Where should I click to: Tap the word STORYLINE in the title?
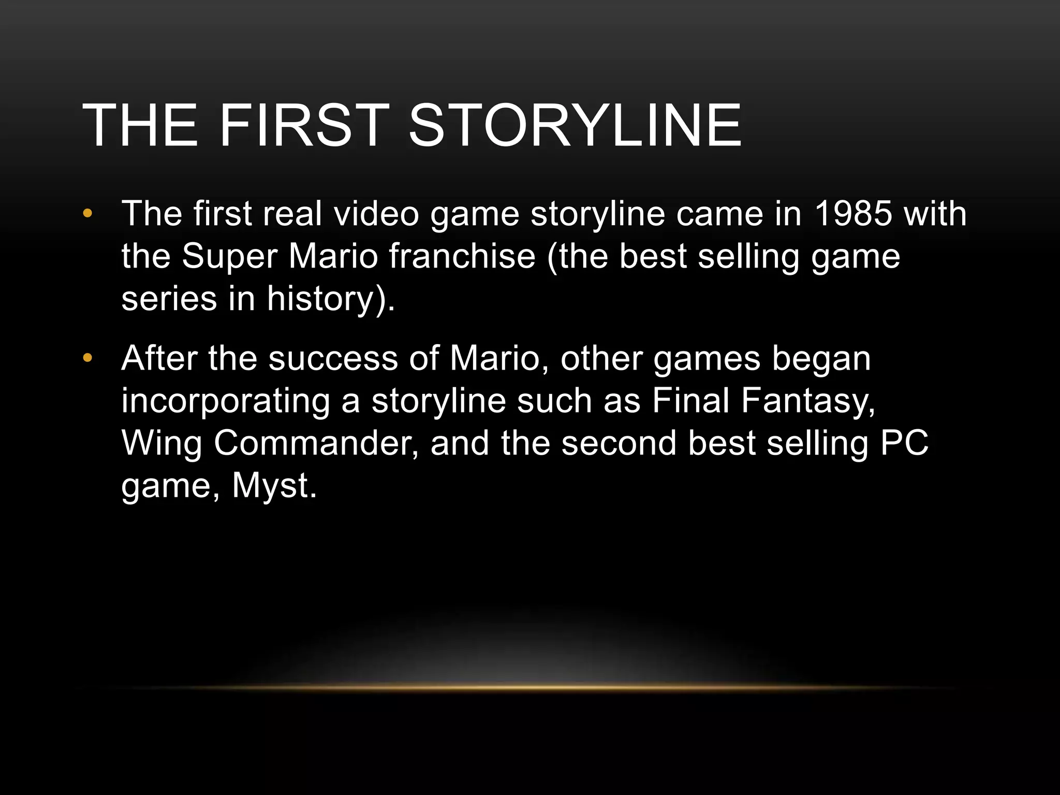575,126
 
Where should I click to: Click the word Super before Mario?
229,257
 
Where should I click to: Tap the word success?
333,359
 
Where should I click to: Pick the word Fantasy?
808,401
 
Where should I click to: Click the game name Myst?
273,487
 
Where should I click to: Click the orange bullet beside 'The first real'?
87,213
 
